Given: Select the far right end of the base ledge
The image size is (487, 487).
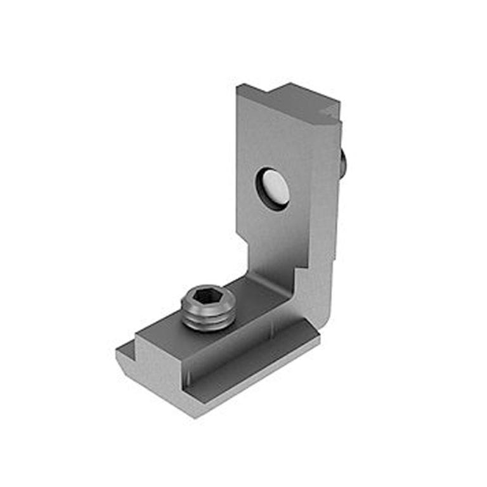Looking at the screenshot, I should [x=317, y=340].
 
